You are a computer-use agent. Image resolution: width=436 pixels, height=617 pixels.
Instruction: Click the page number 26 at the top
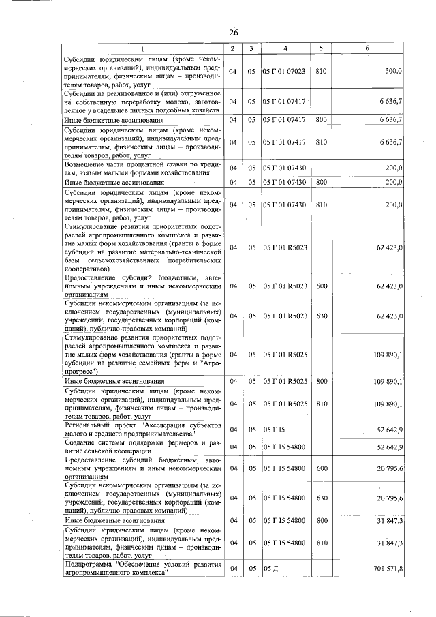click(233, 33)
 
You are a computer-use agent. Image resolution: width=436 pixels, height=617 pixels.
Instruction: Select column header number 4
click(285, 49)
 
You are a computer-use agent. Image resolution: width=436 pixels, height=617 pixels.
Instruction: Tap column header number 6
click(367, 49)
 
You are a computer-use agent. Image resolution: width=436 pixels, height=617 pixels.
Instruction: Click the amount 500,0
click(394, 71)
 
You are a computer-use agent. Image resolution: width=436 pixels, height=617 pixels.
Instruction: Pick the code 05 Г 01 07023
click(285, 71)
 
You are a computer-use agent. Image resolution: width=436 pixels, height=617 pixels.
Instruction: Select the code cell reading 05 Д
click(272, 569)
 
